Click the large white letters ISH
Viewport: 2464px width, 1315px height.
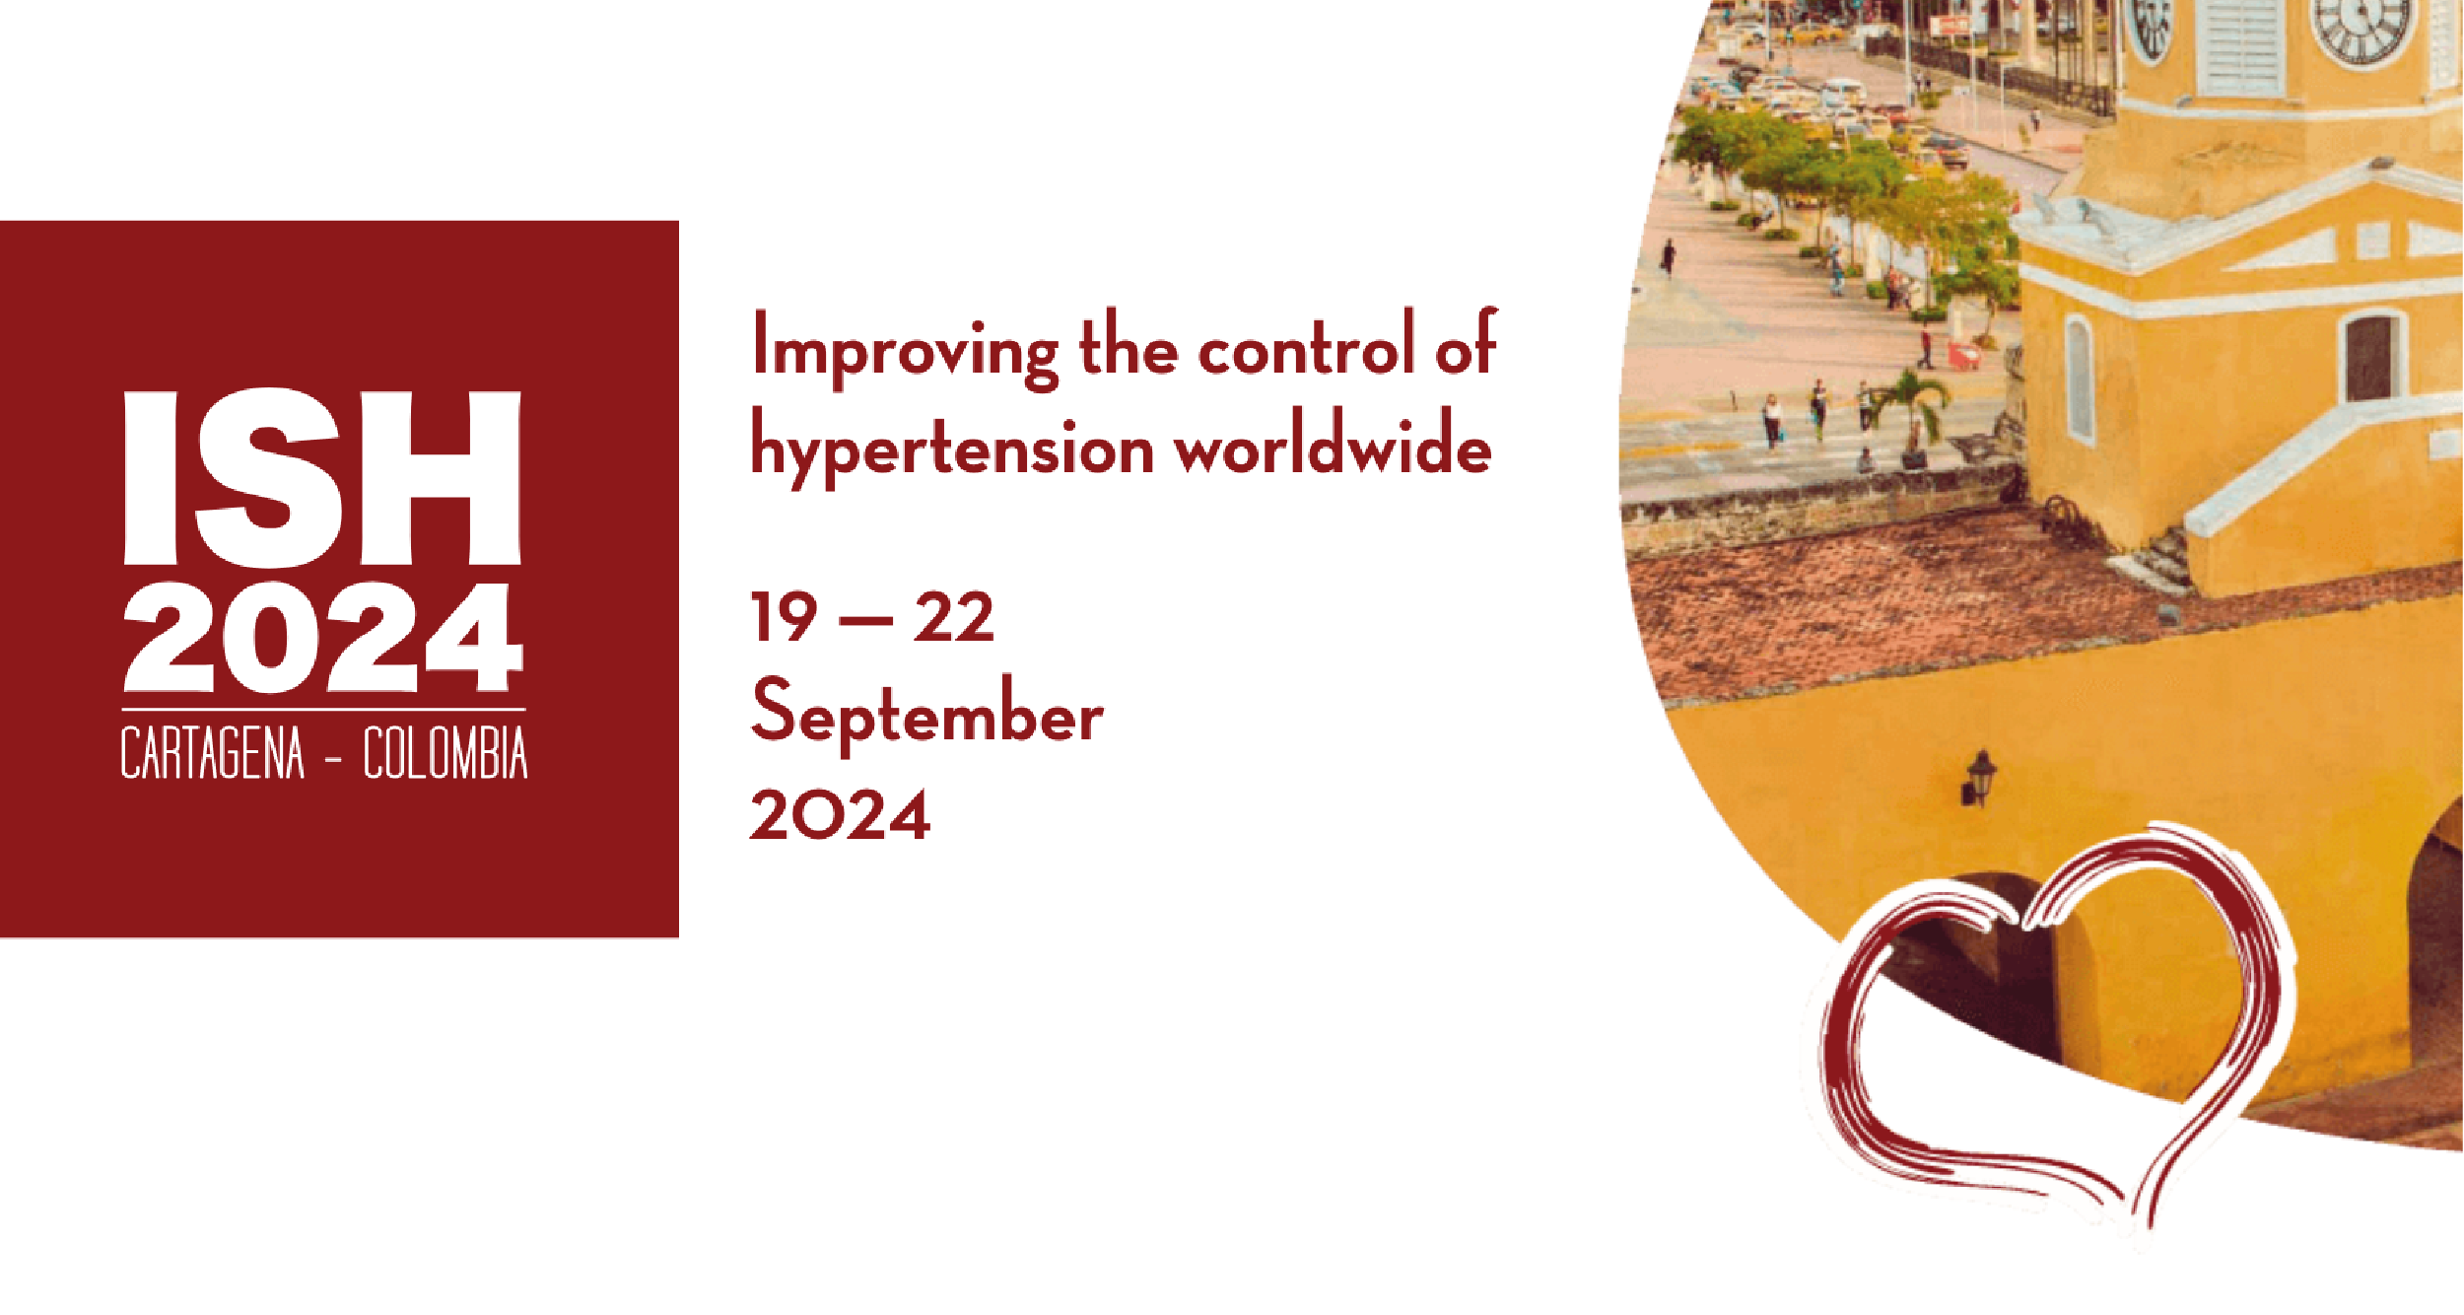322,478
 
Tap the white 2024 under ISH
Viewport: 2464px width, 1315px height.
323,638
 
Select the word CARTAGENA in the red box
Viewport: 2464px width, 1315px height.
213,754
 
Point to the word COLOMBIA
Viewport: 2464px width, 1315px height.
445,754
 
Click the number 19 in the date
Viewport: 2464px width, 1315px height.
785,618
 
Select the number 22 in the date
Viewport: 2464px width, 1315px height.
953,618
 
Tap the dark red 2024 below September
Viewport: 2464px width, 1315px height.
840,815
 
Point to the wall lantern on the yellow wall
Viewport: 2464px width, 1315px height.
1978,778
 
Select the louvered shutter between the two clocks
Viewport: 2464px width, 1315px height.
2239,44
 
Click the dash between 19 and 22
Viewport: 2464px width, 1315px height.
864,621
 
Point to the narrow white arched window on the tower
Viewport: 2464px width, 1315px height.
2079,380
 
